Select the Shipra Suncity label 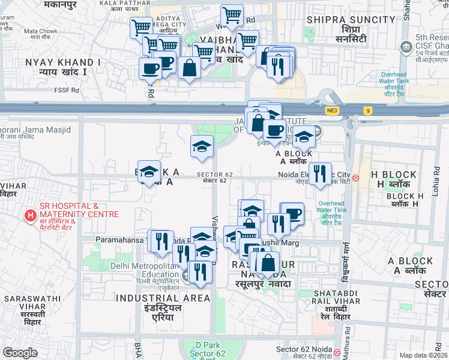tap(351, 24)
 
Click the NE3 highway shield tap(333, 110)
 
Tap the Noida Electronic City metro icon tap(356, 178)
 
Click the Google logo tap(20, 353)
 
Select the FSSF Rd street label tap(67, 91)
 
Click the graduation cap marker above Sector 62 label tap(202, 146)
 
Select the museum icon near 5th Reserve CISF tap(406, 46)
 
